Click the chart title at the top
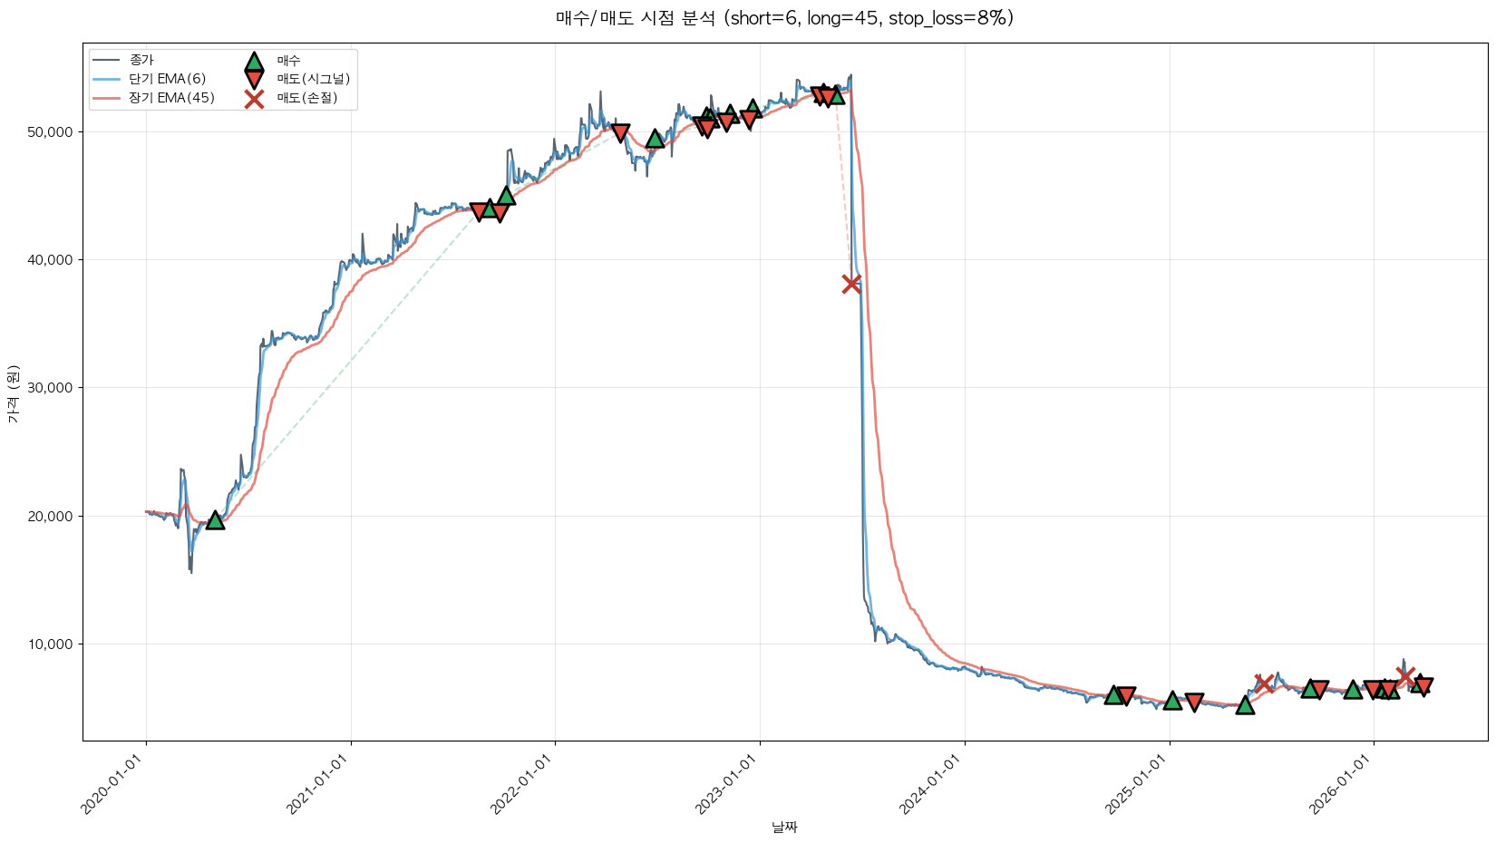coord(784,18)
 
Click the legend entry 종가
coord(141,60)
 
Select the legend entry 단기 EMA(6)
coord(167,79)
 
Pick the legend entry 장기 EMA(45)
coord(171,98)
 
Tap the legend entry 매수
coord(288,60)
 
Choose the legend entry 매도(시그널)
coord(313,79)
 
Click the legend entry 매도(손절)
coord(306,98)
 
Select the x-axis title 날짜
coord(784,827)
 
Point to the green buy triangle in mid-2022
coord(655,139)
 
